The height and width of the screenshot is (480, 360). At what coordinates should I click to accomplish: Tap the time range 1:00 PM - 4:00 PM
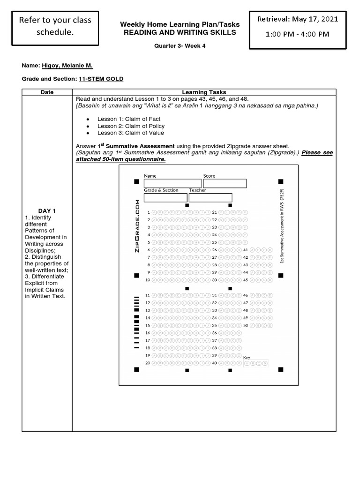[x=297, y=34]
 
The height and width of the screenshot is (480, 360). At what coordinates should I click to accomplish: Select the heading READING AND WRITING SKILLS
[x=180, y=32]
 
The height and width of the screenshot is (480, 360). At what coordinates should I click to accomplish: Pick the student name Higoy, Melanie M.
[x=67, y=67]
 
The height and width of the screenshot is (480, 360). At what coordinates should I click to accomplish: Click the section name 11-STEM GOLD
[x=101, y=79]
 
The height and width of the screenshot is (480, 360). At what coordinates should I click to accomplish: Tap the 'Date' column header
[x=47, y=92]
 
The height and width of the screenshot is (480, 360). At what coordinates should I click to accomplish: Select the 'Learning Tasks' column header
[x=204, y=92]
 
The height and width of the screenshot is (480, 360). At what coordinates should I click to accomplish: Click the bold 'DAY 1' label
[x=47, y=211]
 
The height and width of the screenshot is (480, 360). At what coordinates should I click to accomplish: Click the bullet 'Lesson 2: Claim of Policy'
[x=131, y=126]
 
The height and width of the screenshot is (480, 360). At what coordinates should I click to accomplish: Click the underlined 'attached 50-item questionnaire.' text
[x=121, y=159]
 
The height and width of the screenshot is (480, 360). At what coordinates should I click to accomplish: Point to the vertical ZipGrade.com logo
[x=137, y=225]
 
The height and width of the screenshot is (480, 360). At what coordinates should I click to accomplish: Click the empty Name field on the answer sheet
[x=172, y=183]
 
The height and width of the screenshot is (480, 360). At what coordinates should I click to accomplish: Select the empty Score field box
[x=225, y=183]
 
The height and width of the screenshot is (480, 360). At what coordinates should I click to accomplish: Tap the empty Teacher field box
[x=210, y=197]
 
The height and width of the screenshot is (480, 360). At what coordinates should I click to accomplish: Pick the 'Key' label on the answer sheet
[x=247, y=357]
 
